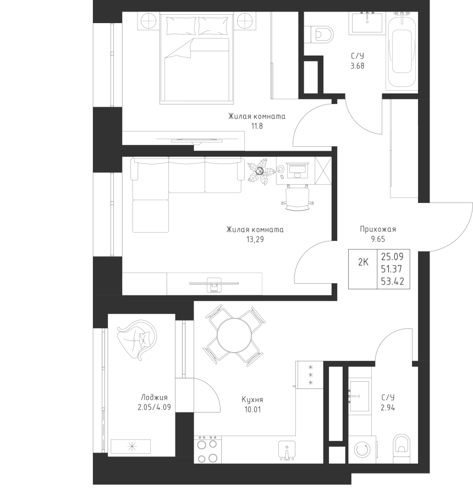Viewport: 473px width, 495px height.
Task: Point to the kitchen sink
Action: [x=287, y=450]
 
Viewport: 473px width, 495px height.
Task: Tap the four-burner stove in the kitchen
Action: [x=207, y=449]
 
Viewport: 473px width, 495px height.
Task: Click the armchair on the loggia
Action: [x=137, y=339]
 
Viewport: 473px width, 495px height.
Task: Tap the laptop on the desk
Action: [x=297, y=171]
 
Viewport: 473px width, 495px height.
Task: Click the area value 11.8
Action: [x=257, y=127]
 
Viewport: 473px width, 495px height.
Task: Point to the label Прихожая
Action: [x=378, y=229]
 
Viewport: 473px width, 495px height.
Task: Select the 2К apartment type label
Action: [x=363, y=262]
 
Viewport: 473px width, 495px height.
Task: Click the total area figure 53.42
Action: [x=393, y=281]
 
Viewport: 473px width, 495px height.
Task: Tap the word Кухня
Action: [x=252, y=400]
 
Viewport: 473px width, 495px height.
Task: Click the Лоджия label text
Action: [x=154, y=398]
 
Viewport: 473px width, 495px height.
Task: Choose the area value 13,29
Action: [x=255, y=240]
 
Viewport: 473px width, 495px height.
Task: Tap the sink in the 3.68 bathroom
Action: [x=367, y=22]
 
